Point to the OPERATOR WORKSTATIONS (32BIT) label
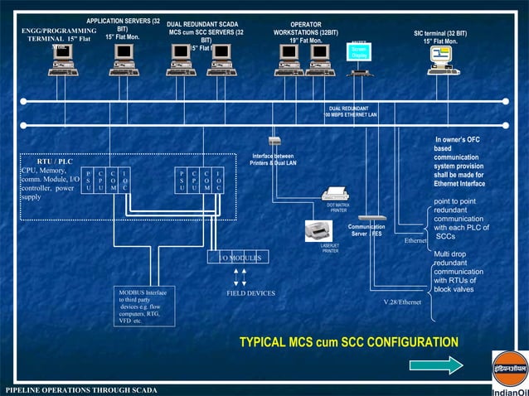(306, 32)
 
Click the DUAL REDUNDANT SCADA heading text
(202, 25)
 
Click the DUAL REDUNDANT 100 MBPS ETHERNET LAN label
(352, 111)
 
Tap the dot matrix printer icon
(335, 196)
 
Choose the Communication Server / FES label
(365, 229)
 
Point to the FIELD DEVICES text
(250, 293)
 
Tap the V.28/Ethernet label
(403, 302)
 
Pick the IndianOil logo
(508, 374)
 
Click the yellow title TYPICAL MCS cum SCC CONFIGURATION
(348, 341)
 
